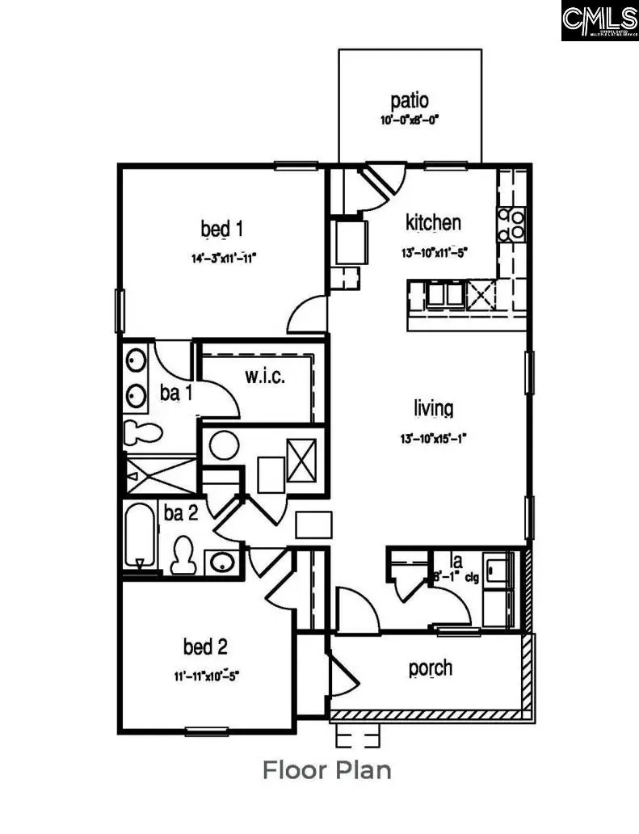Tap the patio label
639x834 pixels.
pyautogui.click(x=410, y=102)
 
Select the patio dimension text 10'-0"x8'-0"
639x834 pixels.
pyautogui.click(x=410, y=121)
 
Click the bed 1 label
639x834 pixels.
pyautogui.click(x=222, y=230)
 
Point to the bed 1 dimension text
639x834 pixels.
pyautogui.click(x=224, y=259)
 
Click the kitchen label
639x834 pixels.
pyautogui.click(x=433, y=222)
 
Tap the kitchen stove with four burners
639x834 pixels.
pyautogui.click(x=512, y=224)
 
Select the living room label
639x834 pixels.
pyautogui.click(x=433, y=409)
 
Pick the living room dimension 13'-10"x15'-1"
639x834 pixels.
pyautogui.click(x=433, y=438)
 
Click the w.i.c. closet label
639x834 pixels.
pyautogui.click(x=265, y=377)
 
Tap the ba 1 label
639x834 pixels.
pyautogui.click(x=175, y=394)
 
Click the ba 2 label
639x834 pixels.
pyautogui.click(x=181, y=512)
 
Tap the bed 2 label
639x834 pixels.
pyautogui.click(x=204, y=647)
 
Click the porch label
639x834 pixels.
pyautogui.click(x=430, y=669)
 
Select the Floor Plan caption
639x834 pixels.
pyautogui.click(x=326, y=770)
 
